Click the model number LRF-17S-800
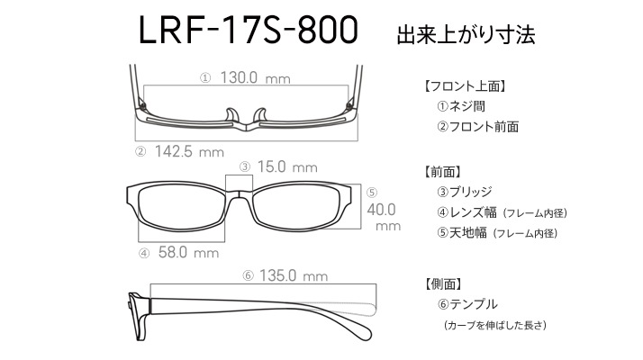click(x=249, y=30)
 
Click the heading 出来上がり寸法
click(x=466, y=35)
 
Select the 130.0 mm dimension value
click(x=255, y=77)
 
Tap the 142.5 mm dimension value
click(x=189, y=152)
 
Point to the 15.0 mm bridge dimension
click(x=287, y=166)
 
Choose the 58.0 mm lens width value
click(x=188, y=252)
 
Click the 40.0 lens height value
click(x=381, y=210)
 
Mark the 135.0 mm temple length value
click(x=294, y=275)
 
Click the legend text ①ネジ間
click(x=461, y=106)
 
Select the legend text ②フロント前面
click(x=477, y=127)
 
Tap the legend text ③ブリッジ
click(x=464, y=192)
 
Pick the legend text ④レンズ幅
click(x=466, y=212)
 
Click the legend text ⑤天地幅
click(x=462, y=233)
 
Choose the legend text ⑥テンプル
click(x=467, y=304)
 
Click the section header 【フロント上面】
click(x=464, y=86)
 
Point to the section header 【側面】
click(x=444, y=283)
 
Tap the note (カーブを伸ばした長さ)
click(x=495, y=325)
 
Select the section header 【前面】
click(x=443, y=172)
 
